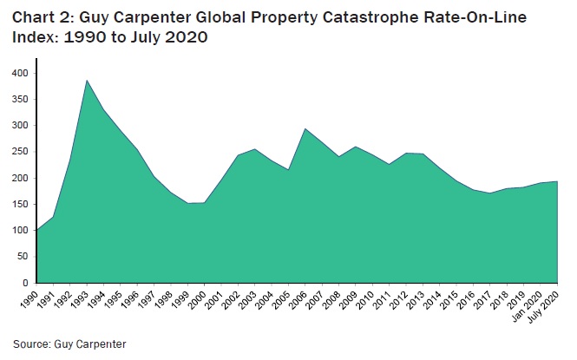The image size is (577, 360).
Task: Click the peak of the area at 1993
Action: [88, 81]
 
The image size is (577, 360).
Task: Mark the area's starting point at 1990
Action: [37, 230]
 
